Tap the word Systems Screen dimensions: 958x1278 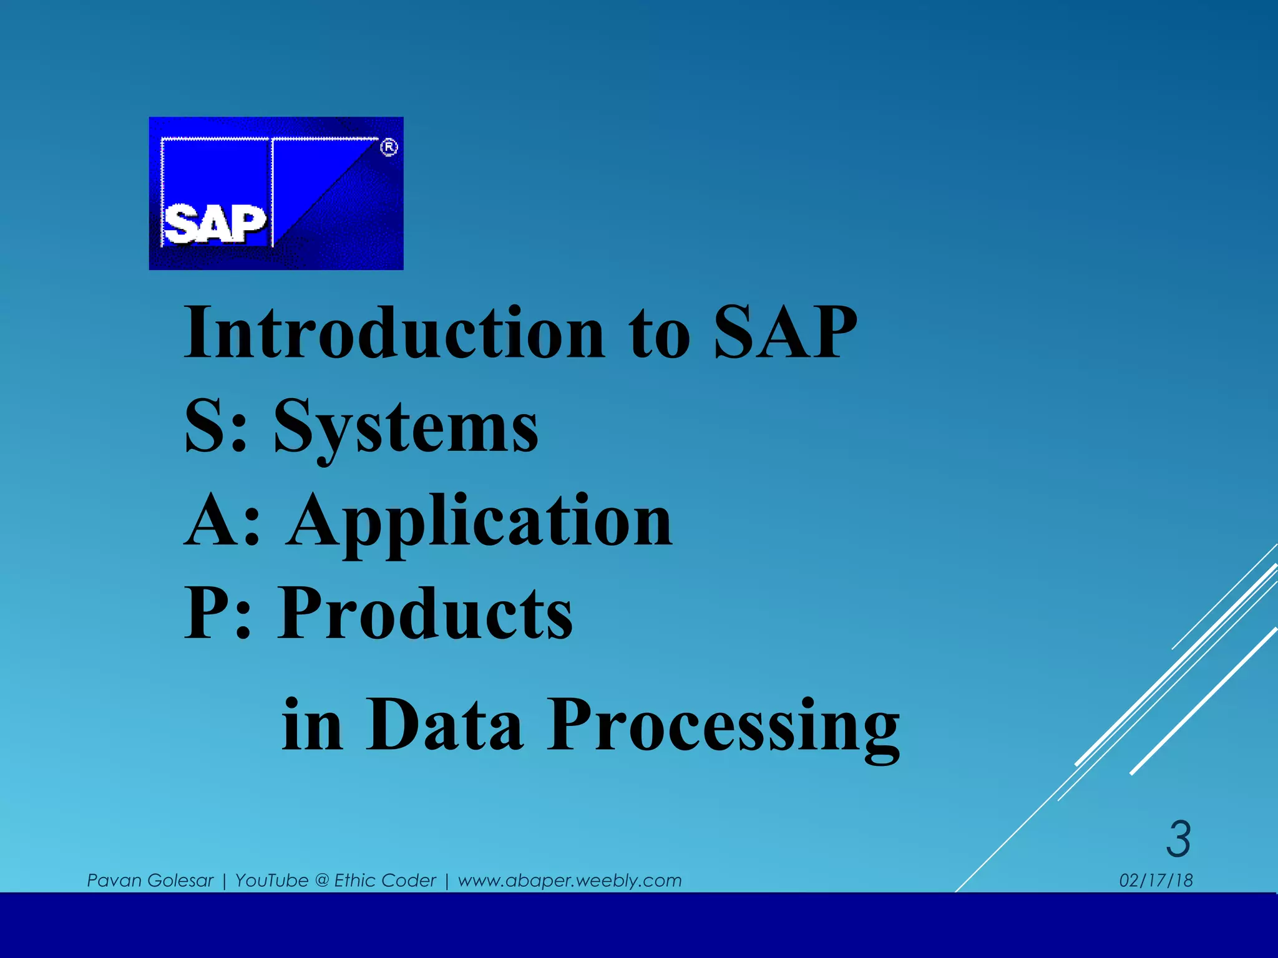(406, 427)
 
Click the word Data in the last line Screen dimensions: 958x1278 (444, 725)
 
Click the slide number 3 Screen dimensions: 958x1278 (1178, 839)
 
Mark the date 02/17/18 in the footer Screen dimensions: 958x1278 (1156, 880)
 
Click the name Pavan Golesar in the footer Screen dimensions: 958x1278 (150, 881)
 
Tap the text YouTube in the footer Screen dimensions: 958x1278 (271, 881)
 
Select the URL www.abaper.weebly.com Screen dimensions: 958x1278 (569, 881)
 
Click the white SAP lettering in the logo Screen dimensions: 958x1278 (214, 225)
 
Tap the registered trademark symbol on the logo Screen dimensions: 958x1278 (389, 148)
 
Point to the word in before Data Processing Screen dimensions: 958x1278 (311, 725)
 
